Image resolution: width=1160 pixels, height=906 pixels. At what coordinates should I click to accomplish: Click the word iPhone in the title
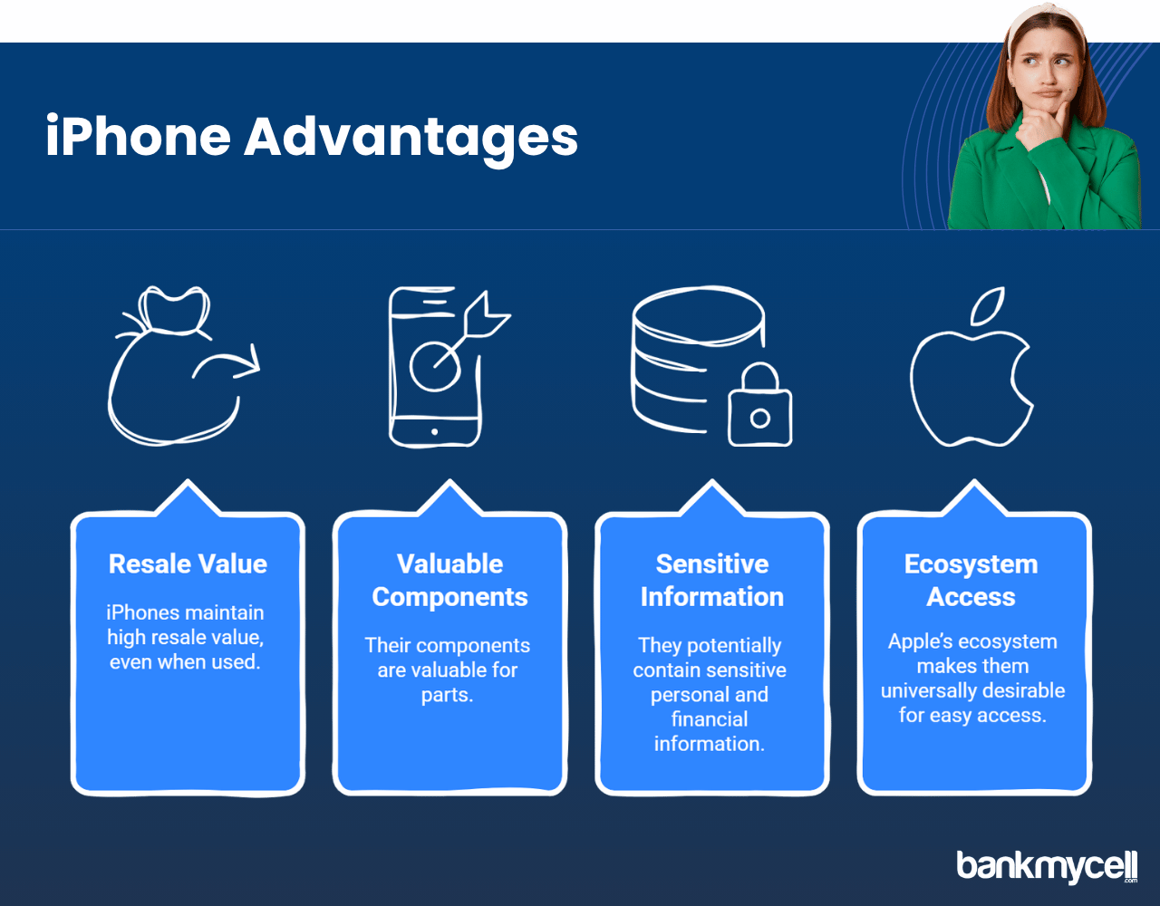point(139,136)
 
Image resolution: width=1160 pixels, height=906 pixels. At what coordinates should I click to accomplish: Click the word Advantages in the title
point(411,140)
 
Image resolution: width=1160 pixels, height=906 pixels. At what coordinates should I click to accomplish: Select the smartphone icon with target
point(449,367)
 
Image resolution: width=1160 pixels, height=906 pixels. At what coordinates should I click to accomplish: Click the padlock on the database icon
point(759,404)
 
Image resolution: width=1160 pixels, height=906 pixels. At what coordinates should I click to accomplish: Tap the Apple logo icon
point(971,367)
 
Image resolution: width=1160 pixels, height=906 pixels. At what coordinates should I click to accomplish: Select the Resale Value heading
point(188,564)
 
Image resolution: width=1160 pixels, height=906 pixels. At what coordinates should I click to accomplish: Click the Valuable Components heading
point(450,581)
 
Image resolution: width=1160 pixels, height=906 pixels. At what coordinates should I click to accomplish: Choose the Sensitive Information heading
point(712,581)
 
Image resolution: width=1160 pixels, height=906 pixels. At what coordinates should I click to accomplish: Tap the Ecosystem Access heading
point(971,581)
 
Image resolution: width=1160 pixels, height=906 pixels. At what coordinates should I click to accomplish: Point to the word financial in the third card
point(710,719)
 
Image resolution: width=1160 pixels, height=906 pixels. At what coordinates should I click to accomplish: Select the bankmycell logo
point(1047,866)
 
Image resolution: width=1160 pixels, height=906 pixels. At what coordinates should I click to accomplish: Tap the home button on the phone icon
point(434,431)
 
